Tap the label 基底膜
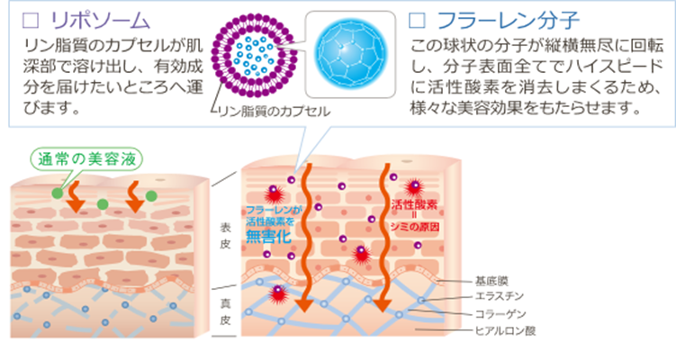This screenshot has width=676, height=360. pos(488,279)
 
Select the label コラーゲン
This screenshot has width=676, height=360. pos(497,314)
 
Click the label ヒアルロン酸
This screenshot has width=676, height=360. pos(501,331)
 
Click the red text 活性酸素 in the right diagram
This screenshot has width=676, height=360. pos(414,205)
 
